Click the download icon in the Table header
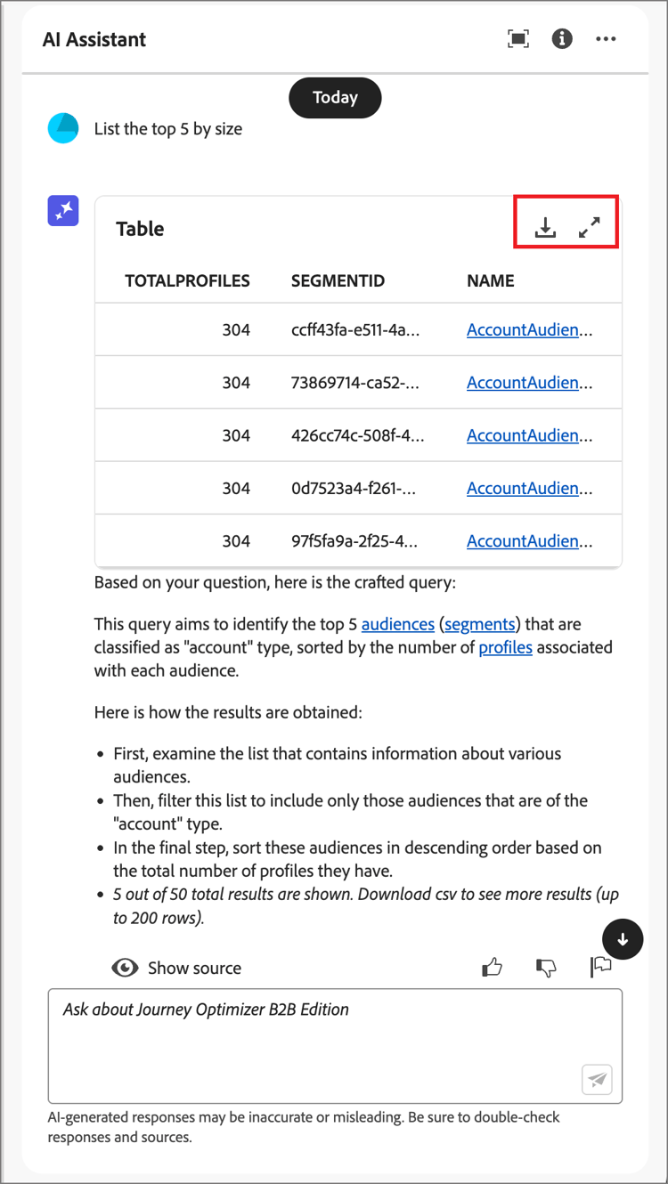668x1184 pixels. pyautogui.click(x=545, y=228)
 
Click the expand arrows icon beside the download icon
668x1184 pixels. pyautogui.click(x=590, y=228)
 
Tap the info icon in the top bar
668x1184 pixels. pyautogui.click(x=562, y=39)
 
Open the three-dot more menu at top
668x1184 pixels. pyautogui.click(x=606, y=39)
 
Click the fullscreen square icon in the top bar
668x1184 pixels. pyautogui.click(x=517, y=39)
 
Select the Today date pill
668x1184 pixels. pyautogui.click(x=335, y=98)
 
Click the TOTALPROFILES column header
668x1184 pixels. pyautogui.click(x=187, y=281)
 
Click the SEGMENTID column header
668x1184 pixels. pyautogui.click(x=338, y=281)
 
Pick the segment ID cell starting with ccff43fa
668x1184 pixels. pyautogui.click(x=355, y=330)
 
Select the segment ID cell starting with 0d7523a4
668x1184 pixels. pyautogui.click(x=355, y=489)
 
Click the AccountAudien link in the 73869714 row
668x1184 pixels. pyautogui.click(x=529, y=383)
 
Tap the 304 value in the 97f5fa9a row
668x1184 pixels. pyautogui.click(x=236, y=541)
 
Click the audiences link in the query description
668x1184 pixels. pyautogui.click(x=397, y=624)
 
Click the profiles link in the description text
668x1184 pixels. pyautogui.click(x=505, y=647)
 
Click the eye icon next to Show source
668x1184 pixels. pyautogui.click(x=125, y=968)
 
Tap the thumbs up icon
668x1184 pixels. pyautogui.click(x=492, y=968)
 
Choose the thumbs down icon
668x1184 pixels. pyautogui.click(x=546, y=968)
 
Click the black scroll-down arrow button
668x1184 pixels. pyautogui.click(x=623, y=939)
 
